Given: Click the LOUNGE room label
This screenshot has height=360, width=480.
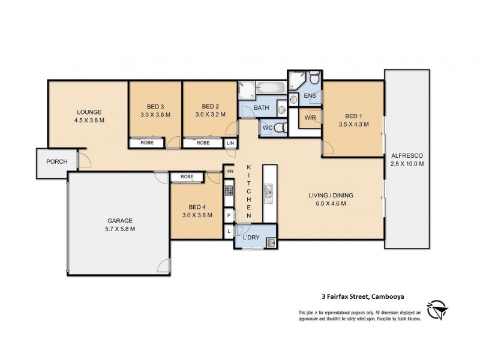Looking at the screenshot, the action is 89,112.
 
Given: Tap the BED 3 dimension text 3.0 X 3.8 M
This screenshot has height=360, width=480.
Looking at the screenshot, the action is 155,115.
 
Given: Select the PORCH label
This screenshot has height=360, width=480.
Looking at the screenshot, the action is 57,161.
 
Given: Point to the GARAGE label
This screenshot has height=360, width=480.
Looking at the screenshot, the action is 120,220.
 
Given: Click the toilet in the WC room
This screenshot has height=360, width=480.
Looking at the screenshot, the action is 280,127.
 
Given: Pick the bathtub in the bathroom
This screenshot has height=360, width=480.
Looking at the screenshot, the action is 271,87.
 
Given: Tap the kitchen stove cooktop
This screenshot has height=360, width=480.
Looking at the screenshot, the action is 229,191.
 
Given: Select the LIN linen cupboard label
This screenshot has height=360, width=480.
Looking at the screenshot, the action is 230,143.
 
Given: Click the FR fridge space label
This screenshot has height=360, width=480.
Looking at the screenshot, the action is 230,172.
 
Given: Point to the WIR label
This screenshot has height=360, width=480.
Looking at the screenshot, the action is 310,118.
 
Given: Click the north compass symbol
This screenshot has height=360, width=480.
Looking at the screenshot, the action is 438,310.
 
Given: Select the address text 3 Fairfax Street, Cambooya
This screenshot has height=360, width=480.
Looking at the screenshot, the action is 363,296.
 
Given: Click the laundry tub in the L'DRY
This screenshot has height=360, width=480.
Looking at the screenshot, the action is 271,243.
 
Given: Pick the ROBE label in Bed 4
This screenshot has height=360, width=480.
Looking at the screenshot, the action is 187,176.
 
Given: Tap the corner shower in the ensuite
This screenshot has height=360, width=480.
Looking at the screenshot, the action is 296,80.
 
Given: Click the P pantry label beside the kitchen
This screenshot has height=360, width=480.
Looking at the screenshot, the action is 229,215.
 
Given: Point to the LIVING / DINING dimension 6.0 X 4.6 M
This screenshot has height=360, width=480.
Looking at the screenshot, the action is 331,203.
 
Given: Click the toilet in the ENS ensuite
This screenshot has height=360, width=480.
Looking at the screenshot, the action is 314,77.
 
